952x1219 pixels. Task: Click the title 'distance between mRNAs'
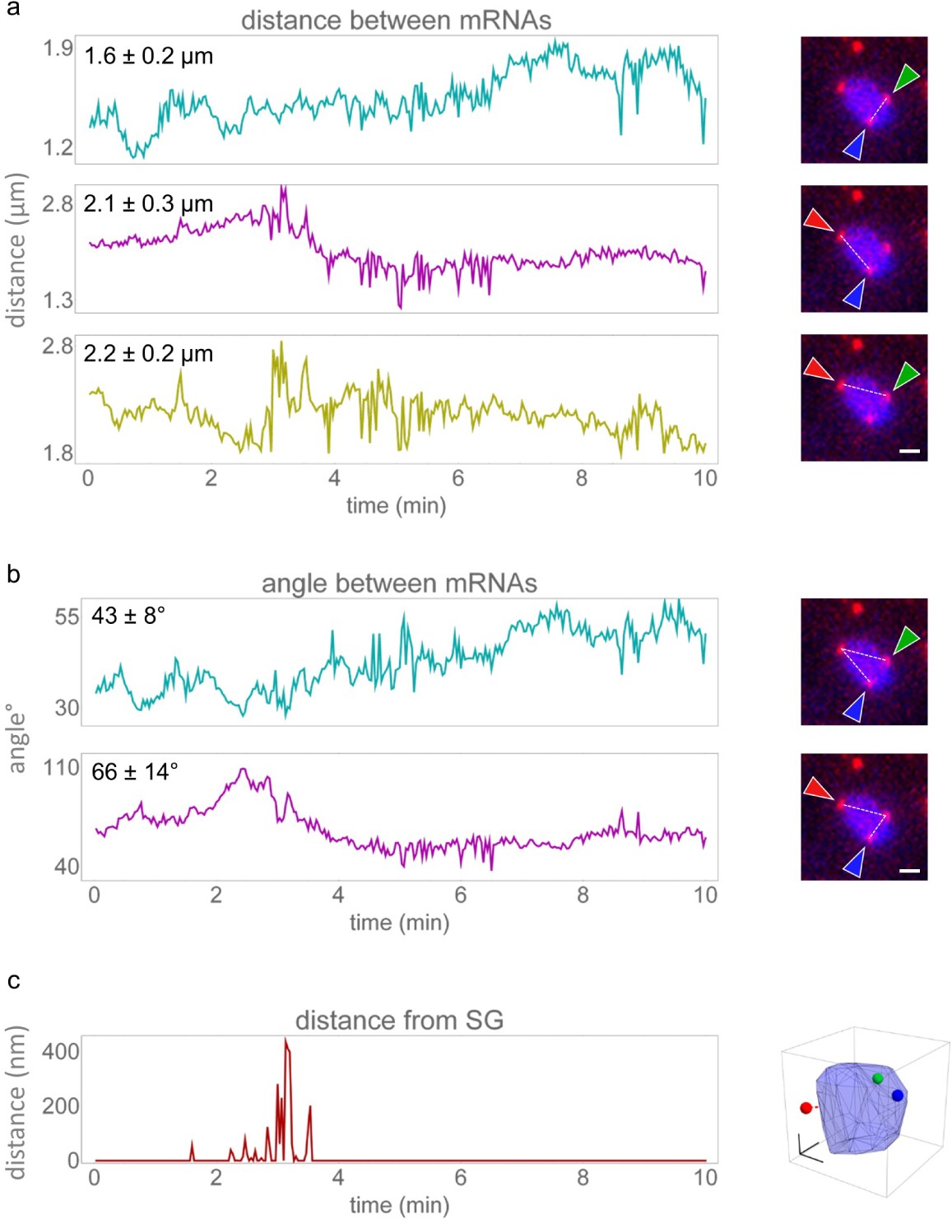pos(396,21)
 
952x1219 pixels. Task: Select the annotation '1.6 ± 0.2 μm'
pos(148,56)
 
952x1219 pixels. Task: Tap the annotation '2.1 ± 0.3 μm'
pos(148,203)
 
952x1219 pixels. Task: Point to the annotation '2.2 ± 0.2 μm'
pos(148,354)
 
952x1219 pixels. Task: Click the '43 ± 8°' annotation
pos(128,615)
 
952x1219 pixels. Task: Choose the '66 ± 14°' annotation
pos(135,771)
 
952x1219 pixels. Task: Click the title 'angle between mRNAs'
pos(399,584)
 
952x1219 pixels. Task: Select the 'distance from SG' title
pos(399,1021)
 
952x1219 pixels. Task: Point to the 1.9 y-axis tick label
pos(58,48)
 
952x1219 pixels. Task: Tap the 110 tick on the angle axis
pos(61,767)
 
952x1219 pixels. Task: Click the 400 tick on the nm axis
pos(61,1051)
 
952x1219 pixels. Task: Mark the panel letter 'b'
pos(13,574)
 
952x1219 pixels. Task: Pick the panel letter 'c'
pos(13,980)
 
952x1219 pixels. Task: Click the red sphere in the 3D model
pos(806,1108)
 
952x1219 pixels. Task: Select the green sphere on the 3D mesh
pos(878,1078)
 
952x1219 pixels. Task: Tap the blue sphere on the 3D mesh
pos(898,1096)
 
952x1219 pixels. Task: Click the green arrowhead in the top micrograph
pos(906,78)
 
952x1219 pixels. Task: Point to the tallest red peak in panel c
pos(286,1040)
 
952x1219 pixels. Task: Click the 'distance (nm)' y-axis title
pos(16,1102)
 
